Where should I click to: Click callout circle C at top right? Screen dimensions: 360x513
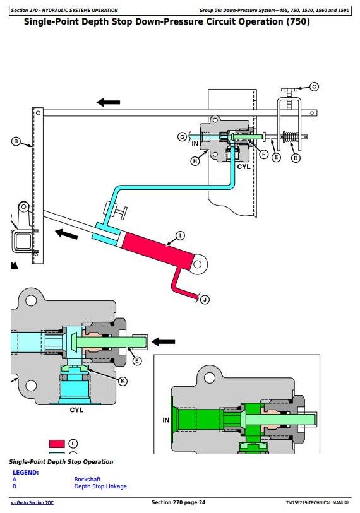pyautogui.click(x=314, y=86)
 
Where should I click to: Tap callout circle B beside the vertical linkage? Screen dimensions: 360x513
pyautogui.click(x=16, y=142)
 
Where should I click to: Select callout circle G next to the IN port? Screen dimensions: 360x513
pyautogui.click(x=182, y=137)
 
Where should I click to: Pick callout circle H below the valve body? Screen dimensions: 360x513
pyautogui.click(x=195, y=161)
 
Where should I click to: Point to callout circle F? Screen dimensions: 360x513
pyautogui.click(x=264, y=155)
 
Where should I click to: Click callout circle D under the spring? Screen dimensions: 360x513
pyautogui.click(x=296, y=158)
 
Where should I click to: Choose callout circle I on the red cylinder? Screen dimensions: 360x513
pyautogui.click(x=180, y=235)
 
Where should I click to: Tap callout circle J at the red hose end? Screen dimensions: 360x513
pyautogui.click(x=205, y=299)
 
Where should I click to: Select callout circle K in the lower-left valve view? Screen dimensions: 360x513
pyautogui.click(x=123, y=381)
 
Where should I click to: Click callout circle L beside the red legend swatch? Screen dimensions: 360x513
pyautogui.click(x=73, y=444)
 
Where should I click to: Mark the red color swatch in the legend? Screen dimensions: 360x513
pyautogui.click(x=57, y=444)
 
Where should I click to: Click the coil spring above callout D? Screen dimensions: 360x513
pyautogui.click(x=291, y=137)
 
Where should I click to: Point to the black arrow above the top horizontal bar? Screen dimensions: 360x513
pyautogui.click(x=108, y=102)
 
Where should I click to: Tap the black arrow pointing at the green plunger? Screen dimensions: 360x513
pyautogui.click(x=163, y=342)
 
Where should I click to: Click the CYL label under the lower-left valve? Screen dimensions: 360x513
pyautogui.click(x=76, y=410)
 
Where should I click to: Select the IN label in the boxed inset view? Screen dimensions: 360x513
pyautogui.click(x=165, y=420)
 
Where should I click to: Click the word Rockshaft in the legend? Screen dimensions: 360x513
pyautogui.click(x=87, y=480)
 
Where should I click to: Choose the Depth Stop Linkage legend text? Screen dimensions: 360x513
pyautogui.click(x=100, y=486)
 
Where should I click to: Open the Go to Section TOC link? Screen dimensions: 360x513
pyautogui.click(x=32, y=502)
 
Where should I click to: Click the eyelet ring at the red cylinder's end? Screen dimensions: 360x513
pyautogui.click(x=198, y=264)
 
